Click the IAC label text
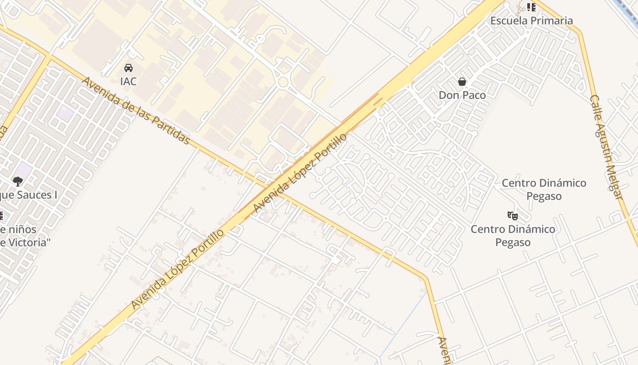[x=129, y=82]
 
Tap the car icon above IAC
[x=129, y=68]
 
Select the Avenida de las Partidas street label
[x=136, y=111]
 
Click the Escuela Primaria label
[x=531, y=21]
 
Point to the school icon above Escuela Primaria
[x=531, y=7]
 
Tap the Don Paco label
[x=462, y=95]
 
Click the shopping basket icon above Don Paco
[x=462, y=82]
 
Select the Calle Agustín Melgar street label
[x=606, y=147]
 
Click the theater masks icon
[x=513, y=215]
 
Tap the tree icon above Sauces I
[x=18, y=182]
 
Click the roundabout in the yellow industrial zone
[x=283, y=82]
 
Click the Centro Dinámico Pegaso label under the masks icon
[x=513, y=235]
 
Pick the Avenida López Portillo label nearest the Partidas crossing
[x=299, y=173]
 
